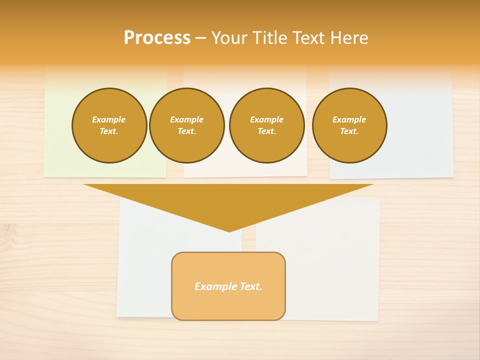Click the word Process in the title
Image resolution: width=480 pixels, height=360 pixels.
click(x=157, y=38)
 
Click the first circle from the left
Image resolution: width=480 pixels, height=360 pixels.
click(x=109, y=125)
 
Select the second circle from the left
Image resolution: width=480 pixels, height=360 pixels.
click(x=187, y=125)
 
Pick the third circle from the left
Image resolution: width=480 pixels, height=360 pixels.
click(x=267, y=125)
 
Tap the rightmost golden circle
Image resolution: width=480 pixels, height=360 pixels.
click(x=349, y=125)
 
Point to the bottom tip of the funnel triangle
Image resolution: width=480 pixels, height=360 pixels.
click(x=229, y=230)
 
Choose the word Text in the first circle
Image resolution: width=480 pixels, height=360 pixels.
click(x=108, y=131)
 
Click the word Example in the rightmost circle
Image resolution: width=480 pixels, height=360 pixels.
click(x=349, y=119)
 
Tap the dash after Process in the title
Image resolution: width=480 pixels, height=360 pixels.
click(x=201, y=38)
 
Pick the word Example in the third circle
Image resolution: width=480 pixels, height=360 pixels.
click(x=267, y=119)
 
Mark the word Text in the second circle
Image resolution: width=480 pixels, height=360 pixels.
click(x=186, y=131)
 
